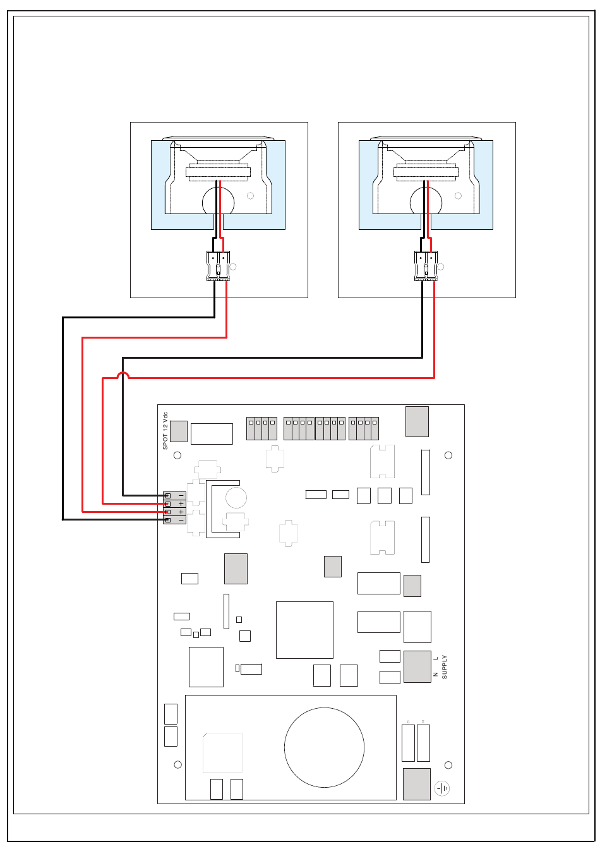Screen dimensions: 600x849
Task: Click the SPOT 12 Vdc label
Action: coord(165,431)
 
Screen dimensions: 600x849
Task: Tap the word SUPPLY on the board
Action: coord(444,666)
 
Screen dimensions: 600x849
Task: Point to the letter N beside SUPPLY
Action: coord(436,674)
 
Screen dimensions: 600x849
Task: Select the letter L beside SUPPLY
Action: coord(436,658)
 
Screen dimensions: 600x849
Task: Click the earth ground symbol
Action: coord(441,788)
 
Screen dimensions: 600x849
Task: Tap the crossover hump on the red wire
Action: coord(123,375)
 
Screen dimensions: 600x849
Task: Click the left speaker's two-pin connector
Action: coord(218,266)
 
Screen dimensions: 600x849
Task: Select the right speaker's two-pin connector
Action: coord(426,266)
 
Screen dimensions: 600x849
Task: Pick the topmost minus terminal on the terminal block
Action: coord(174,495)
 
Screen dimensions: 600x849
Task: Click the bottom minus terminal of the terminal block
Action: coord(174,520)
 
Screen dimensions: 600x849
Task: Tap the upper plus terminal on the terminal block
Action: coord(174,503)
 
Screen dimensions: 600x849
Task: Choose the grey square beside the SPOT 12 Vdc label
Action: coord(179,431)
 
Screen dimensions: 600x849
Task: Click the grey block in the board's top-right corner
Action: coord(417,421)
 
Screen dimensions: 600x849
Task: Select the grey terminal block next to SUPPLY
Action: coord(417,666)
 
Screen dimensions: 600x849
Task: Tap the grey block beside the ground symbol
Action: coord(417,784)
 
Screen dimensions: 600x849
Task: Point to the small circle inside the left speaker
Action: coord(250,196)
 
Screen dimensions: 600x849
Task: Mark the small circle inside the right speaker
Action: coord(458,196)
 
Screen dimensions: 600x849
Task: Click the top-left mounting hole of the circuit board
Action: coord(177,455)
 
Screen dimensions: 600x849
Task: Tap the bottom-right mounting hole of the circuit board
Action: coord(448,765)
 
